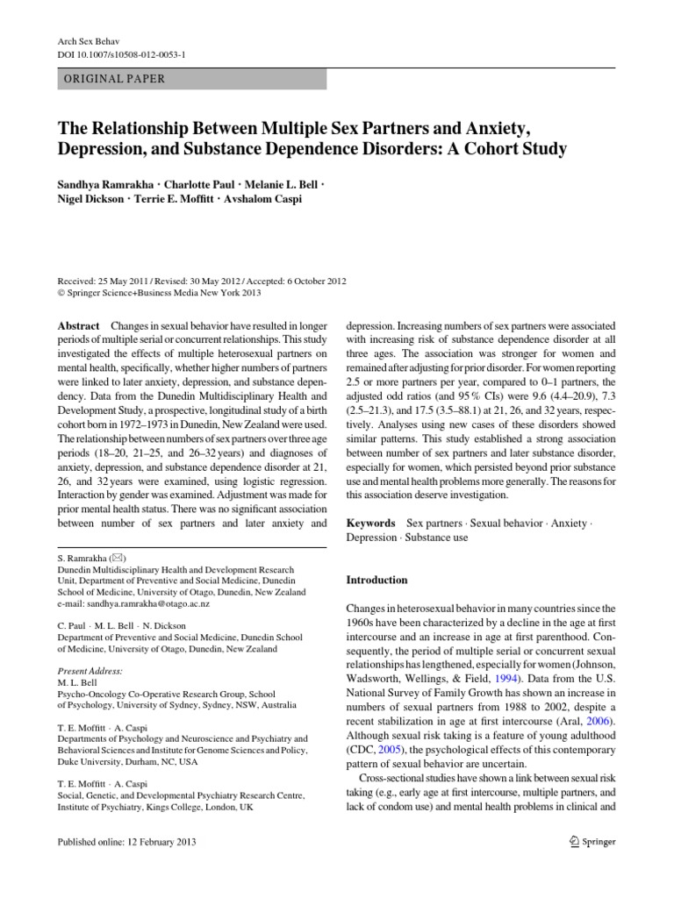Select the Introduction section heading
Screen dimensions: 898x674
click(377, 581)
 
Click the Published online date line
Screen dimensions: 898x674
click(126, 843)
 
